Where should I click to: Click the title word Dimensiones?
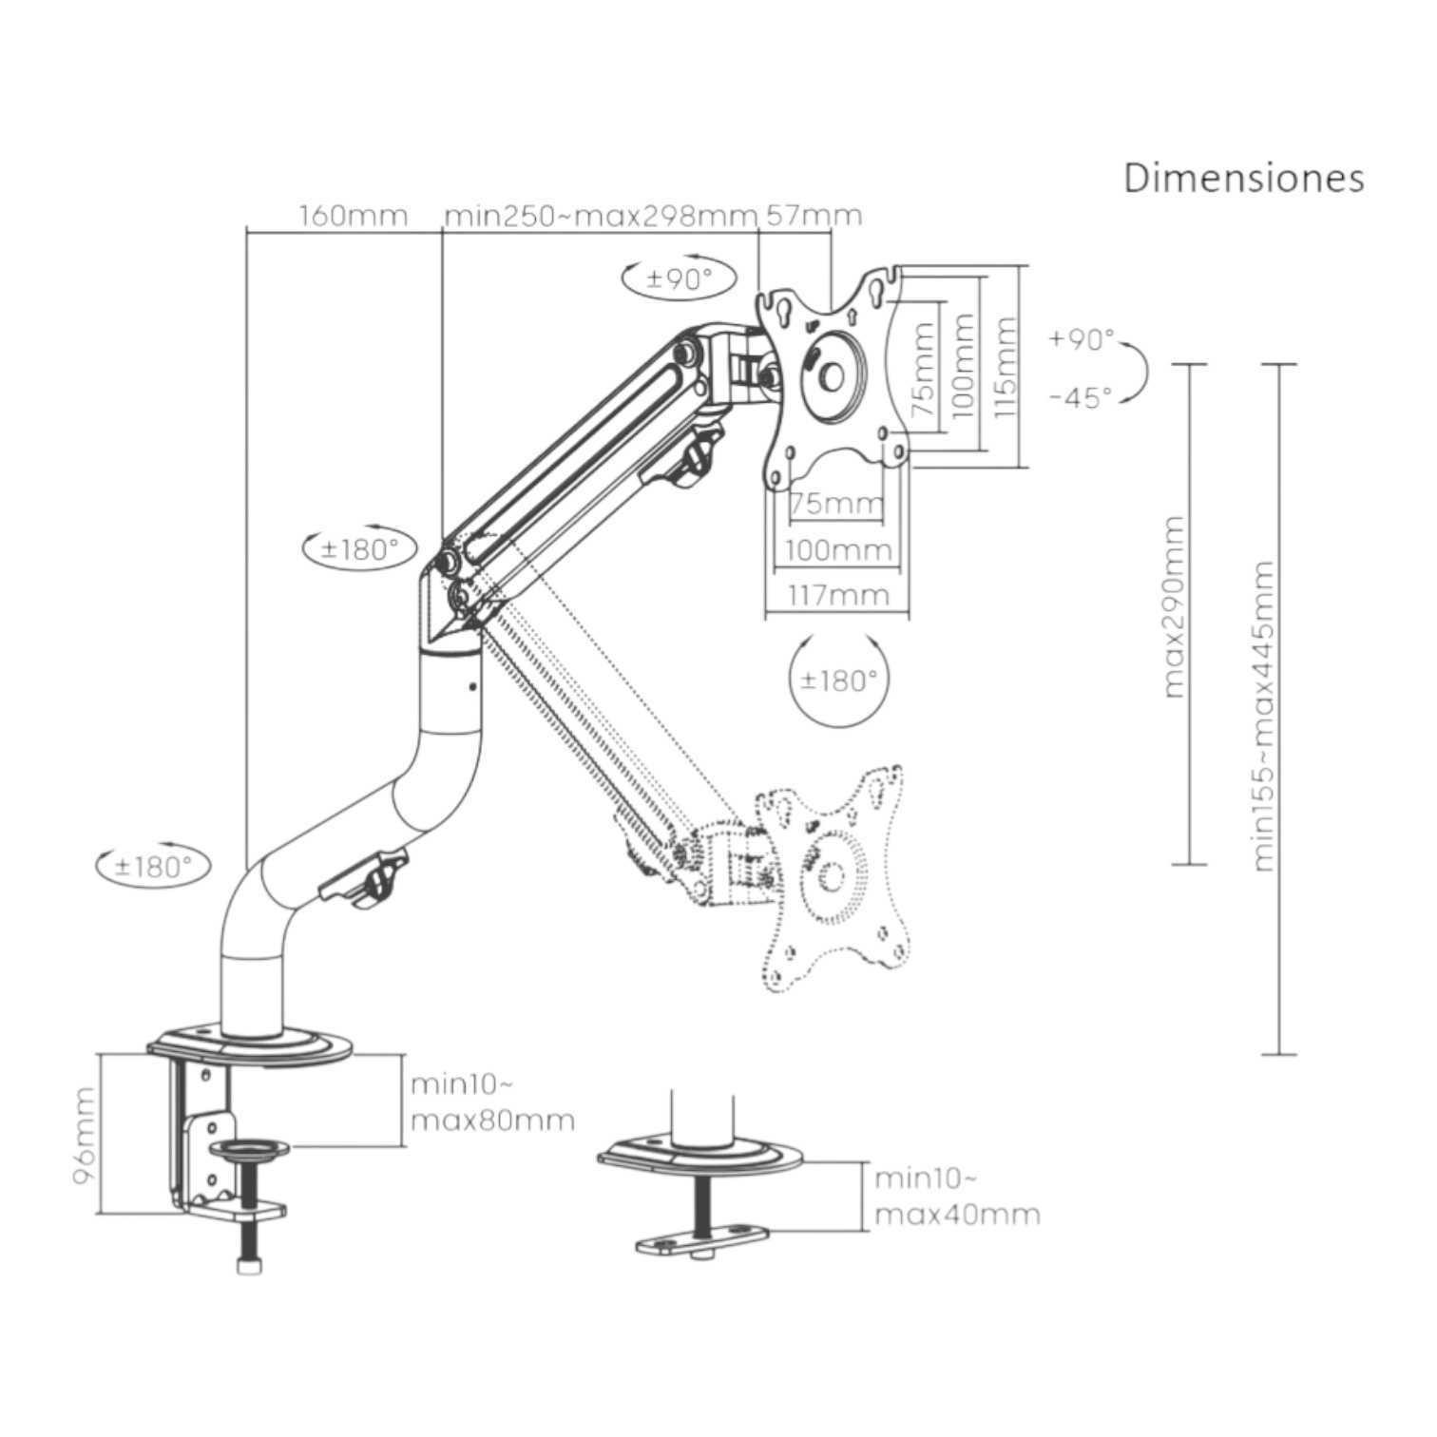(1243, 178)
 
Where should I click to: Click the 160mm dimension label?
(354, 217)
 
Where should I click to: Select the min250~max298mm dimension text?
(601, 217)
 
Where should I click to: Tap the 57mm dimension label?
(814, 217)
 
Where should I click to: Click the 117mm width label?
(837, 596)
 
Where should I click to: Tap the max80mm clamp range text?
(492, 1121)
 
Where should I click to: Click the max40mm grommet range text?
(956, 1215)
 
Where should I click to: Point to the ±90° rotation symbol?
(680, 278)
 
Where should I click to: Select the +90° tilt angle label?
(1083, 340)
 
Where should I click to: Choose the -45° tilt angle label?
(1081, 397)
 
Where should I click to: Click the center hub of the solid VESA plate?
(831, 375)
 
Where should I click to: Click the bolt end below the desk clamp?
(248, 1266)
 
